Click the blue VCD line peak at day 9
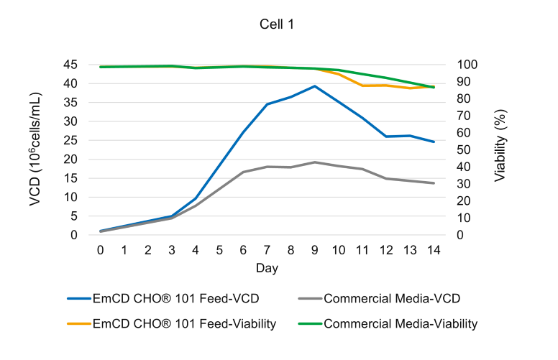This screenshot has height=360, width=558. (314, 86)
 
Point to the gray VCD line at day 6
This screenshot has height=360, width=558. (243, 172)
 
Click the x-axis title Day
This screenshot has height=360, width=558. (267, 268)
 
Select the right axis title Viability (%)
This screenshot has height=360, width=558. (500, 149)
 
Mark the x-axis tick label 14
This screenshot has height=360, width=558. (434, 249)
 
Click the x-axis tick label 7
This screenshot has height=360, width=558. (267, 249)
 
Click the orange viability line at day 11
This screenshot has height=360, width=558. (362, 86)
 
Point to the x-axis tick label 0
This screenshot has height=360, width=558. (101, 249)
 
